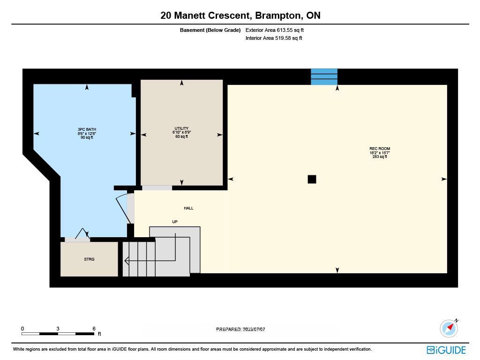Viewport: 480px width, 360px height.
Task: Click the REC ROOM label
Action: [380, 149]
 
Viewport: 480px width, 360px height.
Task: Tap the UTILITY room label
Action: [181, 128]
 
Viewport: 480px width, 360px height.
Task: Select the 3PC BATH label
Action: [87, 129]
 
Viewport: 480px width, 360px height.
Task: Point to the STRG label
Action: [89, 259]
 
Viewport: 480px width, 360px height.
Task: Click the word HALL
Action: [188, 208]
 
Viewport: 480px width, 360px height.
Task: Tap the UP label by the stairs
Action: [175, 222]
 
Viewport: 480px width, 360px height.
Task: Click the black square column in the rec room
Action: [312, 179]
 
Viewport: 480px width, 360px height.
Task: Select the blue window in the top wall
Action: [324, 77]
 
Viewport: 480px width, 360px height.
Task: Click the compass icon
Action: [449, 328]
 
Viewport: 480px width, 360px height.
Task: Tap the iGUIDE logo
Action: [446, 350]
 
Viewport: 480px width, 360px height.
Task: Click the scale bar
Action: [58, 334]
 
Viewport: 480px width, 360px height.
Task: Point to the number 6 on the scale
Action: [94, 329]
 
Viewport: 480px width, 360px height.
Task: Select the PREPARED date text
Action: [240, 330]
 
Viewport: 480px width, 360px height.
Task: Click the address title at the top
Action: [240, 15]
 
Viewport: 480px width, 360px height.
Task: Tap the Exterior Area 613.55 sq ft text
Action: [275, 30]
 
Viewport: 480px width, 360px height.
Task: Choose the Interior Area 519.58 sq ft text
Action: [274, 38]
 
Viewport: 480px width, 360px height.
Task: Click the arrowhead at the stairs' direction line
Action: [127, 261]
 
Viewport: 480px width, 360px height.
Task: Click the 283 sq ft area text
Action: [380, 157]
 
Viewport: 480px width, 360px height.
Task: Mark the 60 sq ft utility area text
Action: [181, 136]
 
